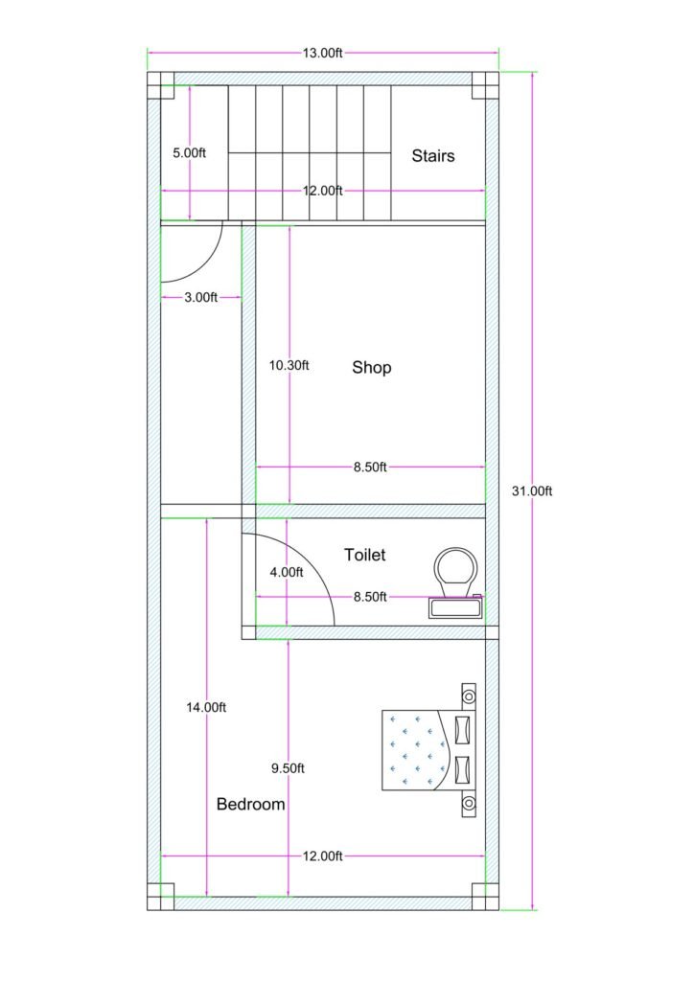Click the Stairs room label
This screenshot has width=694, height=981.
click(x=433, y=155)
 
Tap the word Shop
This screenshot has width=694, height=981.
click(x=372, y=367)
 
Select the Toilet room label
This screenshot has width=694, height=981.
click(x=365, y=554)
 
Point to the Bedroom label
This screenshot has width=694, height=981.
click(x=250, y=804)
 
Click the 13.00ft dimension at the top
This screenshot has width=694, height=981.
click(x=323, y=54)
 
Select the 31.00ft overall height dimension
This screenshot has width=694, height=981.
click(x=532, y=490)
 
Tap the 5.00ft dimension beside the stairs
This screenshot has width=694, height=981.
click(x=189, y=152)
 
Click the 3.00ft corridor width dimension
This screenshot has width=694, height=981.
click(x=200, y=298)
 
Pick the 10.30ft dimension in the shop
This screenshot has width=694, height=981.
click(x=289, y=365)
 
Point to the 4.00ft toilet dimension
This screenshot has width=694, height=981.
click(x=287, y=572)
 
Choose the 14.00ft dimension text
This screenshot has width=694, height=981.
click(x=206, y=707)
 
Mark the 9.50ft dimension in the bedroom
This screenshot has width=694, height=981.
click(x=288, y=768)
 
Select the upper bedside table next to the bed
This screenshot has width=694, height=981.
click(x=469, y=694)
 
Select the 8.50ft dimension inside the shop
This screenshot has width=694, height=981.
click(x=370, y=468)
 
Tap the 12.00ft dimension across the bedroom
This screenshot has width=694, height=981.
click(x=323, y=856)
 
